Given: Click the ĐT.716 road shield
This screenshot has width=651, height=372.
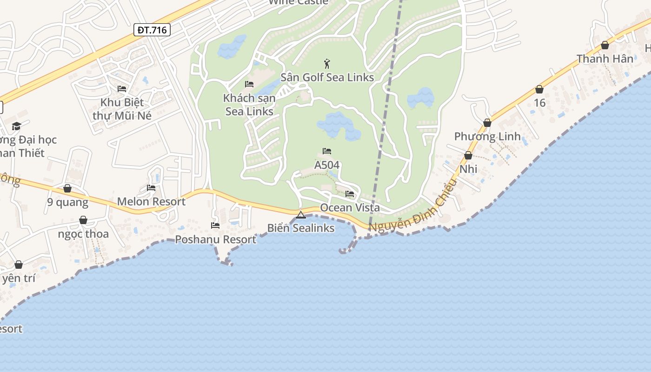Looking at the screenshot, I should pos(152,30).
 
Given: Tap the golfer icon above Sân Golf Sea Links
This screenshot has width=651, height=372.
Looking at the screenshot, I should pos(327,64).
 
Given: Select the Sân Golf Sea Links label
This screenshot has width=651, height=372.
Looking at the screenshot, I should pos(327,77).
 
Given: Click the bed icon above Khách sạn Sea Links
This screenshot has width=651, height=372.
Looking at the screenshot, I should pos(249,84).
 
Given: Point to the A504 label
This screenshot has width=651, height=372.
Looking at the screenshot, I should pos(327,165).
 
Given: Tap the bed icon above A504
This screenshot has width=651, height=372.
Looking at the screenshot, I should pos(327,151).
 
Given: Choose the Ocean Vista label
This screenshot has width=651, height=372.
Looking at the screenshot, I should pos(350,208).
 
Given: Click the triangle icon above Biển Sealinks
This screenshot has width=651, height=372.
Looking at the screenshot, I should pos(300,215).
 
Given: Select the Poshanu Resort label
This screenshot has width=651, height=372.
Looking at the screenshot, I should pos(215,239).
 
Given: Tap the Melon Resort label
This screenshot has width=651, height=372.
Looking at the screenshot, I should pos(151,201).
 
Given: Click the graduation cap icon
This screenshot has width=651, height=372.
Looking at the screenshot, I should pos(17,126).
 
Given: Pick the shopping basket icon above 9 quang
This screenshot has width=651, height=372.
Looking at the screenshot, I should pos(67,188).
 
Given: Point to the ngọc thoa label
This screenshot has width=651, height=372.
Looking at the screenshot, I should pos(83,234).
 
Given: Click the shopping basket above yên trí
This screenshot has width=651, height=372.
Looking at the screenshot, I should pos(19,265).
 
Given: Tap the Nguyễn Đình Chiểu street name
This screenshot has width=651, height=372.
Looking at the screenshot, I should pos(411,206).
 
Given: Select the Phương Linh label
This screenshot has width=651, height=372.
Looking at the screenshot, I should pos(487,137).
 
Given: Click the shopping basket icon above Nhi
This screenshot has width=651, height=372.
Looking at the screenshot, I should pos(468,155).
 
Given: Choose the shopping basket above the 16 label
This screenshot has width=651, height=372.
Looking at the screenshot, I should pos(539,89).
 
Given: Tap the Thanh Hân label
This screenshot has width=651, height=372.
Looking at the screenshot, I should pos(605,59).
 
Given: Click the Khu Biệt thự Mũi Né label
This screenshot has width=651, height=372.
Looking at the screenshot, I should pos(122,109).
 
